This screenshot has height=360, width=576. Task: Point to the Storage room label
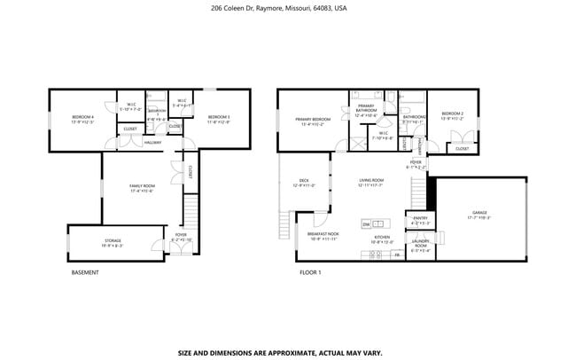113,242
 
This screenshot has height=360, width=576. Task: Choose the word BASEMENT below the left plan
85,273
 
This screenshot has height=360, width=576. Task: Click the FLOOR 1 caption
310,273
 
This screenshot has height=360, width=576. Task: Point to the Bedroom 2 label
452,115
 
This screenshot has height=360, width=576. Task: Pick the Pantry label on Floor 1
420,222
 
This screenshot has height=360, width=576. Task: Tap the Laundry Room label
420,247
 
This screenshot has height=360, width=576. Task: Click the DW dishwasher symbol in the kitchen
366,224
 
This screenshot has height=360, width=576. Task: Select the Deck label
303,184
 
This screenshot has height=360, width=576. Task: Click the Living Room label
370,182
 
